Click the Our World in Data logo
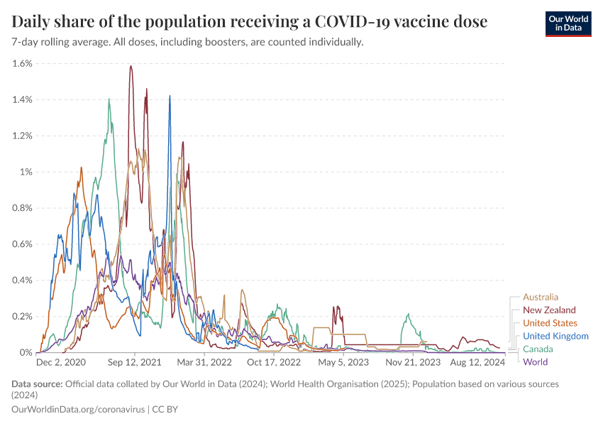(568, 23)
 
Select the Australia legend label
(541, 297)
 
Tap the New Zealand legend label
(548, 310)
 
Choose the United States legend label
(550, 323)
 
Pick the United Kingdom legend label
(555, 336)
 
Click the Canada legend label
(538, 349)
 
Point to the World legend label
(535, 361)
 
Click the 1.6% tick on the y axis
(22, 63)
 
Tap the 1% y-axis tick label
(26, 172)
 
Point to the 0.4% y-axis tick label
(22, 280)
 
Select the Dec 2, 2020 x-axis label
(60, 362)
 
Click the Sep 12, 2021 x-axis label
(134, 362)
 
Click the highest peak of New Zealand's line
(131, 66)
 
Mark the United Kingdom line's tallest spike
(170, 96)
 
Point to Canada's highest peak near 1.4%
(109, 99)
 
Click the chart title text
(250, 22)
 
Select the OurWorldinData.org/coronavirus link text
(77, 410)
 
